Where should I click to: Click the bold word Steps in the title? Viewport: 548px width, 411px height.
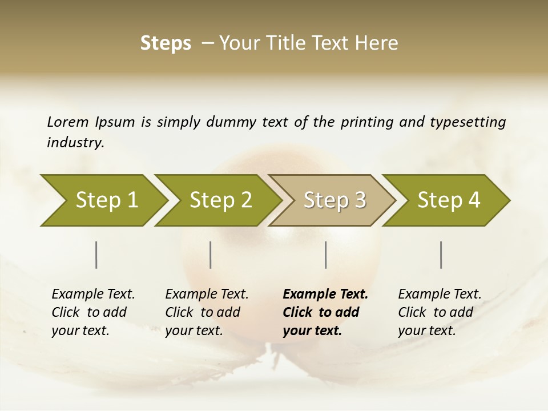click(x=166, y=43)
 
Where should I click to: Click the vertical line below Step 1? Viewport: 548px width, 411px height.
click(x=96, y=255)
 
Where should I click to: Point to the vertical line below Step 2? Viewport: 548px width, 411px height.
click(x=211, y=255)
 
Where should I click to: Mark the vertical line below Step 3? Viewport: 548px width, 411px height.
click(x=326, y=255)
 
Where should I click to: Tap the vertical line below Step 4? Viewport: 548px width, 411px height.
click(x=441, y=255)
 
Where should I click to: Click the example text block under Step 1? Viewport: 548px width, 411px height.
click(x=93, y=312)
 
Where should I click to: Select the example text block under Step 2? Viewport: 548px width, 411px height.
click(x=207, y=312)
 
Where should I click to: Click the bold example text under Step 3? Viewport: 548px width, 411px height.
click(x=325, y=312)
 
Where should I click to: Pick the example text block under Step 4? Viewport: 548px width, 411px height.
click(x=440, y=312)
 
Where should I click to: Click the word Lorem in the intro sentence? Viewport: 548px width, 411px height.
click(x=67, y=122)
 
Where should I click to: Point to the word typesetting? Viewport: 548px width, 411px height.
click(x=468, y=122)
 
